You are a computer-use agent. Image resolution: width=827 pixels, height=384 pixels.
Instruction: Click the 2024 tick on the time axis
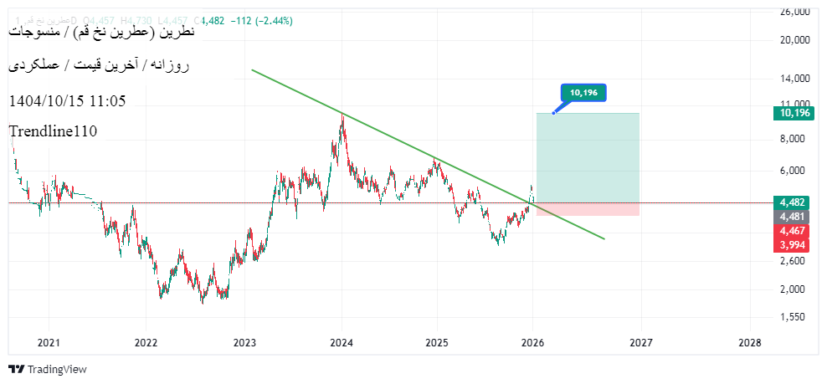[341, 342]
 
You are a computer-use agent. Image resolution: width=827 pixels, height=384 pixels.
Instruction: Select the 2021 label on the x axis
[49, 342]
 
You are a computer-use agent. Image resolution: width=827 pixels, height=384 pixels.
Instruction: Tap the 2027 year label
[641, 342]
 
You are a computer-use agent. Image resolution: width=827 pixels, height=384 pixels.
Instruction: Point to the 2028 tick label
[750, 342]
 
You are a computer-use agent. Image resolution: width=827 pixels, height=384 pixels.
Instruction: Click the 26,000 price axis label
[794, 13]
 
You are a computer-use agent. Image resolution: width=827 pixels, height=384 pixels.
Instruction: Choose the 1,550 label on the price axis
[794, 317]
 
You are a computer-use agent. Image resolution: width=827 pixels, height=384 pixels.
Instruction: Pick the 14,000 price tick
[794, 79]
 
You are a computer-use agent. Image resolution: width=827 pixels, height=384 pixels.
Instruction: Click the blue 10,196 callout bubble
[583, 93]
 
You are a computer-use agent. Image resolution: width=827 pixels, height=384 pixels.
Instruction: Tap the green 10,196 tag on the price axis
[794, 113]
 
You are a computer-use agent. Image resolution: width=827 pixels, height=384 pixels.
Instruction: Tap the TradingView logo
[48, 369]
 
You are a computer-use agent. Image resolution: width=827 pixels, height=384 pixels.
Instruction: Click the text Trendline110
[53, 131]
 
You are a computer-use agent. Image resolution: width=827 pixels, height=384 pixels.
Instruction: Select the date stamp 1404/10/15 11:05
[67, 100]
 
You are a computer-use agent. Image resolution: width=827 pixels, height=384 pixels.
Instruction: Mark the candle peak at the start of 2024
[342, 115]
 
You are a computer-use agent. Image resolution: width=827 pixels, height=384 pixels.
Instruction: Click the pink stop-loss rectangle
[588, 209]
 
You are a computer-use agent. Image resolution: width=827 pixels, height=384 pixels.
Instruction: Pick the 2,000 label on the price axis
[794, 289]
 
